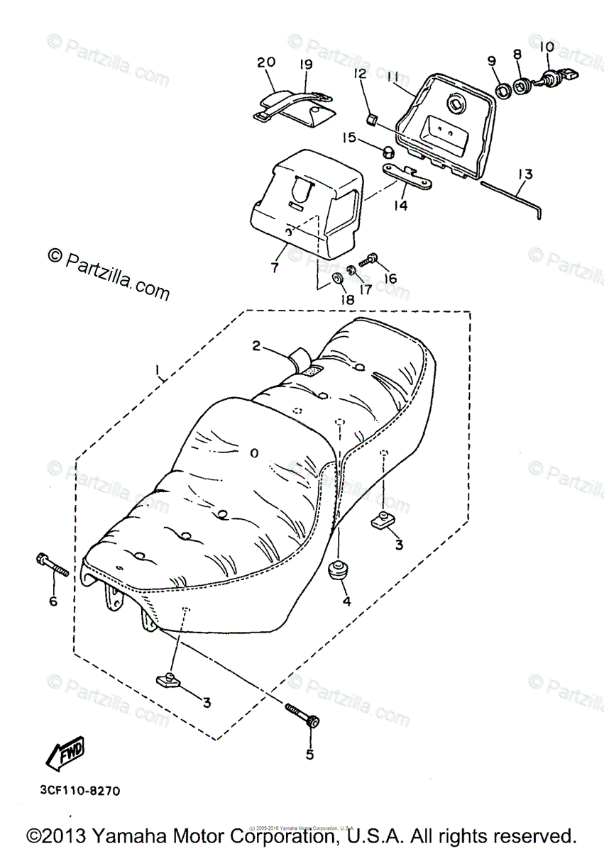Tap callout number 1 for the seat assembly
pyautogui.click(x=159, y=369)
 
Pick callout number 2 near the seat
pyautogui.click(x=257, y=345)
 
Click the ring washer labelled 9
pyautogui.click(x=503, y=90)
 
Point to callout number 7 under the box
pyautogui.click(x=275, y=269)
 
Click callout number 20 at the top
pyautogui.click(x=265, y=63)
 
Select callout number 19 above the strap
pyautogui.click(x=305, y=65)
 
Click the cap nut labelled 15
pyautogui.click(x=389, y=151)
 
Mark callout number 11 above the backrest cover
pyautogui.click(x=393, y=75)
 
